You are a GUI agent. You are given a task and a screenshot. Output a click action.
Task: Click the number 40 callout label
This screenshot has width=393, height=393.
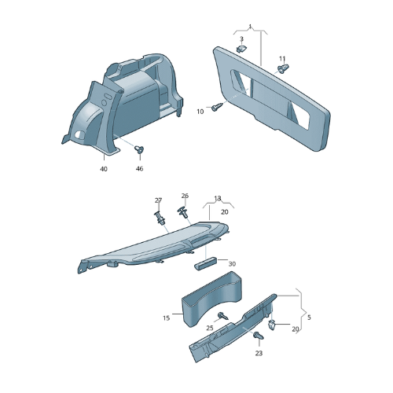pos(104,169)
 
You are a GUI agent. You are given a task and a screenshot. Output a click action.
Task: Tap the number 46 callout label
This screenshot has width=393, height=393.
pos(139,168)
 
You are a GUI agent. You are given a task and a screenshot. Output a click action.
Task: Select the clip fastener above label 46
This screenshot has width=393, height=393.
pos(139,149)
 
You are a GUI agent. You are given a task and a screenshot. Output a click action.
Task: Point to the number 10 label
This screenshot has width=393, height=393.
pos(200,112)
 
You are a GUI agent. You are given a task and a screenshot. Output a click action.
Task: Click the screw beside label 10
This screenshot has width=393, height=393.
pos(217,107)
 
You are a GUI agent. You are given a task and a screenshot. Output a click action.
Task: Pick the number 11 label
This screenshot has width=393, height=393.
pos(282,59)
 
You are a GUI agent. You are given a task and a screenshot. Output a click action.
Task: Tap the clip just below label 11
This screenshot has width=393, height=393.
pos(283,68)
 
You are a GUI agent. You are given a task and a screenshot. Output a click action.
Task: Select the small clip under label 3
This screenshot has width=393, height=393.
pos(241,49)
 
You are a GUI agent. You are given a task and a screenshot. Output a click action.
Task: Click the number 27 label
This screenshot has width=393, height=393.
pos(158,200)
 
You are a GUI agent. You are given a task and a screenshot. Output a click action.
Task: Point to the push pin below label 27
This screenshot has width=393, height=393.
pos(160,218)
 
